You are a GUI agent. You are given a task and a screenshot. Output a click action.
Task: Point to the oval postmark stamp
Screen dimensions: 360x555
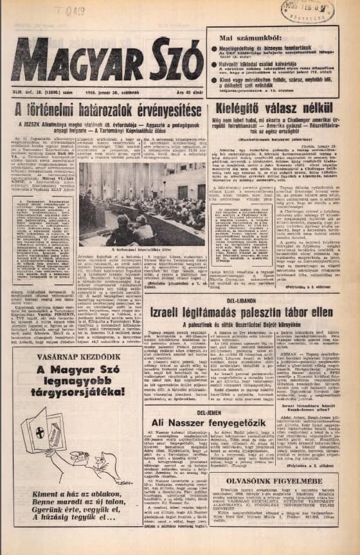pyautogui.click(x=316, y=11)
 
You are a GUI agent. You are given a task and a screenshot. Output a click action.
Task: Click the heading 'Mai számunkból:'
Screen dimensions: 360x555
pyautogui.click(x=242, y=37)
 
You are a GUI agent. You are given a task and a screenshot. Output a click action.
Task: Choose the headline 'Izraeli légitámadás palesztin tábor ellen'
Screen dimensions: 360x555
pyautogui.click(x=241, y=313)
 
